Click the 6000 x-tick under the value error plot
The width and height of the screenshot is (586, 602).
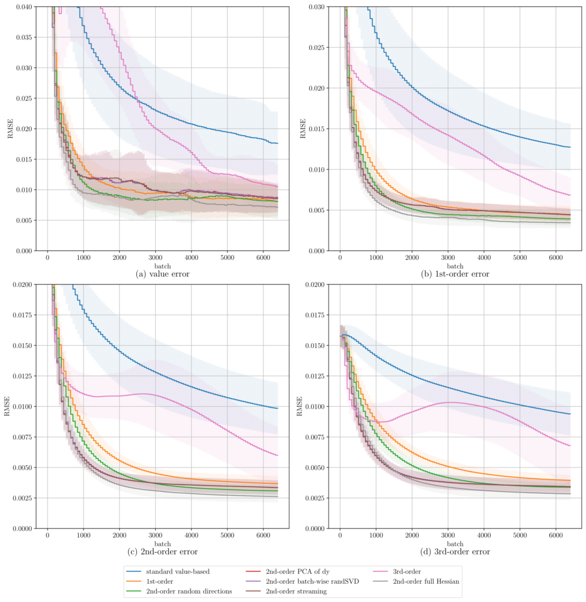(x=264, y=257)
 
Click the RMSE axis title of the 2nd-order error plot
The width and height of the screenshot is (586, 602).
(x=8, y=406)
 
